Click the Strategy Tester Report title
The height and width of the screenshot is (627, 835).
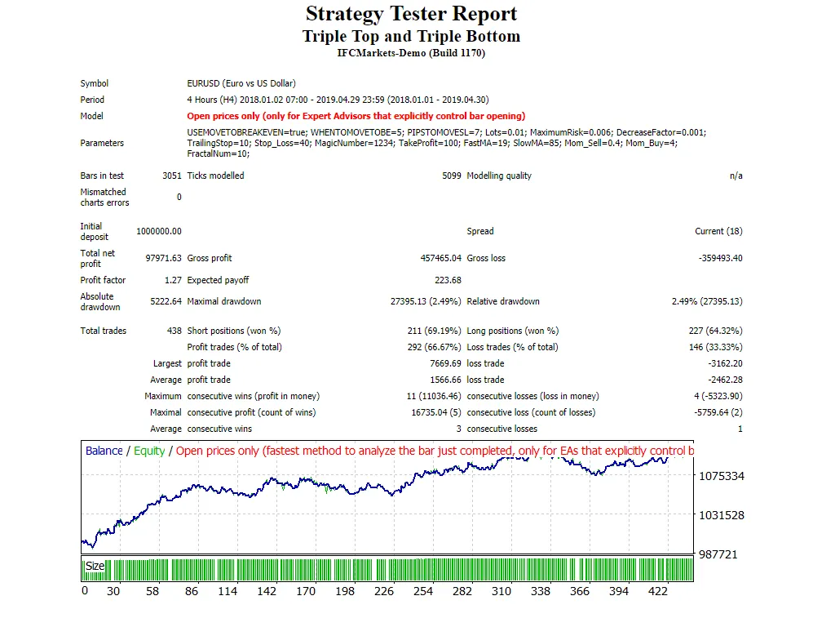(411, 14)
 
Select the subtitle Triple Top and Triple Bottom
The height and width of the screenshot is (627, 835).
(411, 36)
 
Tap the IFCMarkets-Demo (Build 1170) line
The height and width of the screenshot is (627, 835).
(411, 53)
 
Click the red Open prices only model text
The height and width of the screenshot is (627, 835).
(356, 116)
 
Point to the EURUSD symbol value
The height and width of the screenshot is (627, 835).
(241, 83)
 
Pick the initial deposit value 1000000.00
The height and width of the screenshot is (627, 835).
(159, 231)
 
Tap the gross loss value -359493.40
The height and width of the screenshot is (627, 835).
(721, 258)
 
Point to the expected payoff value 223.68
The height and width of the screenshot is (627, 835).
(448, 280)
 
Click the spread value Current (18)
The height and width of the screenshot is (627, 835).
(718, 231)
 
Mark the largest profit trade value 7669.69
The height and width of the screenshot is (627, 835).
(445, 363)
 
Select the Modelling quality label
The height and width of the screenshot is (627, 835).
(499, 176)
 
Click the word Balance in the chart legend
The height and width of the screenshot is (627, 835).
(104, 451)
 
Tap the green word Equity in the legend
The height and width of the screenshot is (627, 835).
(149, 451)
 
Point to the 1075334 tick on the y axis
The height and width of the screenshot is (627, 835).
(722, 476)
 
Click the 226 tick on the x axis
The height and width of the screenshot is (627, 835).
(383, 591)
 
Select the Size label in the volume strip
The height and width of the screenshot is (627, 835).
(95, 566)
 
